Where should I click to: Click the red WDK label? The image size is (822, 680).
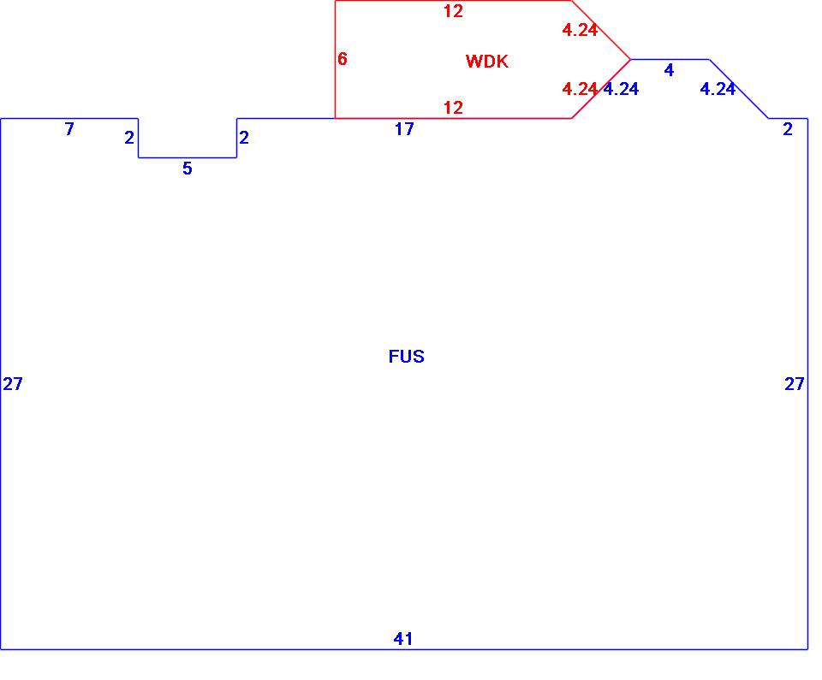(x=486, y=62)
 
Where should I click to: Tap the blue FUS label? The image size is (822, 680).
(x=406, y=357)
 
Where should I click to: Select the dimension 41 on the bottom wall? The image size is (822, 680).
(x=403, y=638)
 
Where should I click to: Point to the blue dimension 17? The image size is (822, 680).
(x=404, y=129)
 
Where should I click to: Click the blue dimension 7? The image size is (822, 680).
(x=69, y=129)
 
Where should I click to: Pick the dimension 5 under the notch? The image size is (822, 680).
(x=188, y=169)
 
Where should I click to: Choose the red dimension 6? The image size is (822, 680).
(x=342, y=59)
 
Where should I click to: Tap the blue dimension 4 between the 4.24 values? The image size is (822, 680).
(x=669, y=70)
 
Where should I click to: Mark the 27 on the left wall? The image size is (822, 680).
(x=13, y=384)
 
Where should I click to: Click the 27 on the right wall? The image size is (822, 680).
(x=795, y=384)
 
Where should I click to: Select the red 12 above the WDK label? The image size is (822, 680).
(x=453, y=11)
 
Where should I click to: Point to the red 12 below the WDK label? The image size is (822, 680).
(x=453, y=108)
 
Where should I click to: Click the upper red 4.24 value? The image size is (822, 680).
(x=579, y=30)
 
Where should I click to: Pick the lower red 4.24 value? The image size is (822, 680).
(x=579, y=89)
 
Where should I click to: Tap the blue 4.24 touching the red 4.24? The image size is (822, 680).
(x=621, y=89)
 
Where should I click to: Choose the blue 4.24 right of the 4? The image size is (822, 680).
(x=718, y=89)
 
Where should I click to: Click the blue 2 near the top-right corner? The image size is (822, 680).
(x=788, y=129)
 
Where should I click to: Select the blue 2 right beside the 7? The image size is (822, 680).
(x=129, y=138)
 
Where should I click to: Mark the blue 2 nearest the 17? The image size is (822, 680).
(x=244, y=138)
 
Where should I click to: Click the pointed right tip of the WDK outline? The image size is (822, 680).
(x=630, y=59)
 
